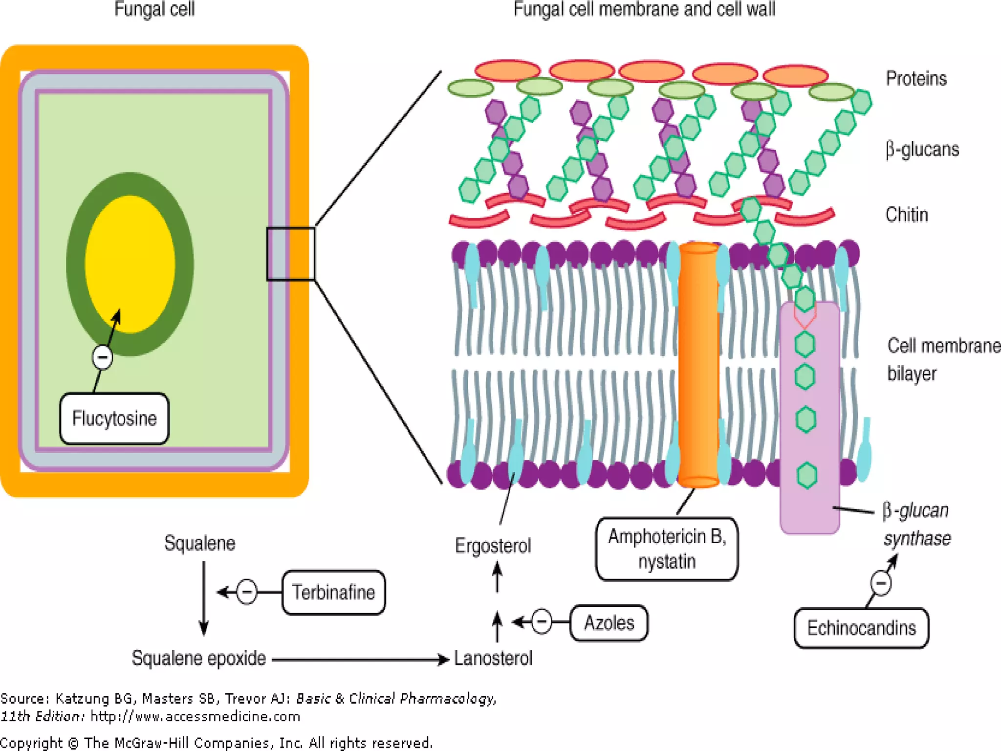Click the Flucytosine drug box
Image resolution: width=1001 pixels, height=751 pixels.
point(114,419)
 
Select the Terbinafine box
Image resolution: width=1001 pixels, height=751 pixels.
point(333,592)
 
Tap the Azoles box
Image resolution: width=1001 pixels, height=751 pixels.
point(609,623)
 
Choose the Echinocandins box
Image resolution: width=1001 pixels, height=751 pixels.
point(861,628)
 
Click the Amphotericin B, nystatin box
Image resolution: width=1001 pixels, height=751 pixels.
point(667,549)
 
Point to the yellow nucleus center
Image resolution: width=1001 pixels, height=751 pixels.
point(130,264)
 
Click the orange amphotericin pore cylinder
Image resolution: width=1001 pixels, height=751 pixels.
point(699,364)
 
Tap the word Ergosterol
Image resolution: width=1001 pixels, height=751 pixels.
point(493,546)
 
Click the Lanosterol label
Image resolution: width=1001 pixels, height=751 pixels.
point(493,659)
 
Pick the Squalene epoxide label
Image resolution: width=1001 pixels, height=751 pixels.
point(198,659)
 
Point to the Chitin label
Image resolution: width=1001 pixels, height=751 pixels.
point(907,215)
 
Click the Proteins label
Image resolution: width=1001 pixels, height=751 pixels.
point(916,79)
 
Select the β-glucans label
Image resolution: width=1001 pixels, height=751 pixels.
point(922,149)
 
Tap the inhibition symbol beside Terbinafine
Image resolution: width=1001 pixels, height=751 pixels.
point(247,592)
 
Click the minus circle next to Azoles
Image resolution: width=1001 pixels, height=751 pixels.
point(542,622)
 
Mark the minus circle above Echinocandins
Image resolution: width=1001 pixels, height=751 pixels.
point(881,583)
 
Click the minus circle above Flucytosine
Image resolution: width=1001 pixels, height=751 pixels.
point(103,357)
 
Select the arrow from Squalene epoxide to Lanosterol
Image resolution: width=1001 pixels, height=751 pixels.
point(360,660)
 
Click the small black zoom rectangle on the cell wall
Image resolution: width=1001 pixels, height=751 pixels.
point(291,254)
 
